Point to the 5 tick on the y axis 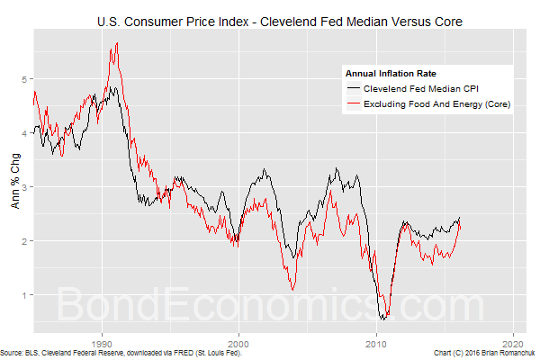25,79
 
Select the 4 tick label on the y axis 25,133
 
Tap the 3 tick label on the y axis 25,187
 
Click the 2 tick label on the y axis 25,241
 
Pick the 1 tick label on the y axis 25,295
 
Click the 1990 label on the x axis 102,343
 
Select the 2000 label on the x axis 238,343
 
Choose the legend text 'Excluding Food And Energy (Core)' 436,106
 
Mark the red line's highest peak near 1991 116,43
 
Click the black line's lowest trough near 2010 384,319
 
